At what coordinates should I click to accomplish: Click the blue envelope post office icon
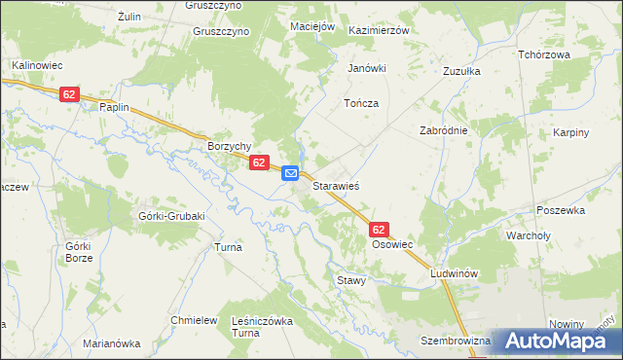(x=290, y=173)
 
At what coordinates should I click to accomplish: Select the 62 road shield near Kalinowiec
(x=68, y=94)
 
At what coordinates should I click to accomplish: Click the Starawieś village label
(x=337, y=184)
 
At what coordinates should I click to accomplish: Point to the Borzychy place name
(x=230, y=146)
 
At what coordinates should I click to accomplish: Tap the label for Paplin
(x=114, y=108)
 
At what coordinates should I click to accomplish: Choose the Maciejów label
(x=312, y=25)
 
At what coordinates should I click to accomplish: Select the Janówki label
(x=368, y=69)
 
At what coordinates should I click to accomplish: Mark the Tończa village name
(x=360, y=103)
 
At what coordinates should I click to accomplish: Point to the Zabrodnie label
(x=444, y=130)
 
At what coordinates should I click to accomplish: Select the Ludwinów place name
(x=456, y=274)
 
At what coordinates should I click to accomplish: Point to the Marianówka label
(x=112, y=343)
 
